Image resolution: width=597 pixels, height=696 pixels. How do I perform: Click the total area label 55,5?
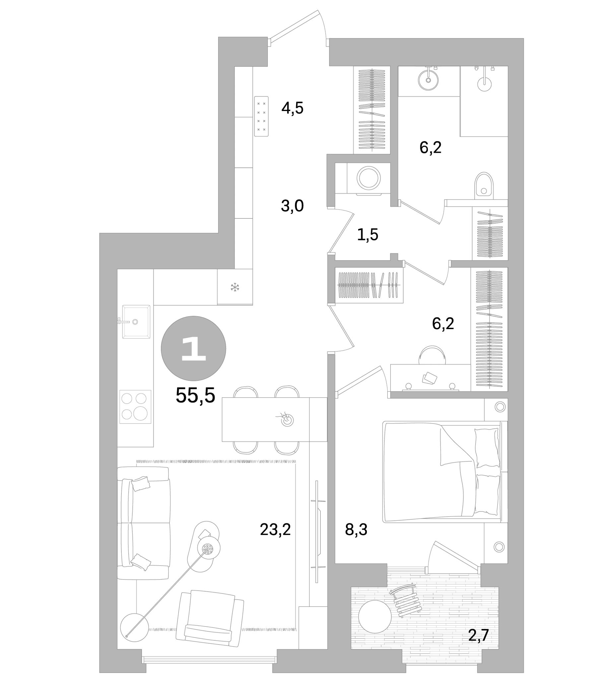tap(195, 395)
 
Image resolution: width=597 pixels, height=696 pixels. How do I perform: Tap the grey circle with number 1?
tap(193, 349)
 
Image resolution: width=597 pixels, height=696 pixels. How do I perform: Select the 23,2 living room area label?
tap(275, 530)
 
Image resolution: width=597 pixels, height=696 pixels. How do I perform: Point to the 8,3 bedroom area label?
tap(356, 530)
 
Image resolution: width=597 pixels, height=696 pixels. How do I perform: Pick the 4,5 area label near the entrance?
tap(293, 108)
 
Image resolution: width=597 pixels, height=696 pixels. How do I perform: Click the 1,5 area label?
tap(367, 234)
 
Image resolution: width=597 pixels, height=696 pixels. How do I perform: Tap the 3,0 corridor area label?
tap(292, 206)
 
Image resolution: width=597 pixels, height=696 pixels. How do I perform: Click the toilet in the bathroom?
tap(484, 186)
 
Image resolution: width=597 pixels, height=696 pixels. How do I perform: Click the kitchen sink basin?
tap(136, 321)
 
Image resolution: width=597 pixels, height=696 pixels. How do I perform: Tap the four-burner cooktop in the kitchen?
tap(135, 406)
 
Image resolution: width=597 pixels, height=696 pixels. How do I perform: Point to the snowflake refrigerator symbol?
tap(234, 287)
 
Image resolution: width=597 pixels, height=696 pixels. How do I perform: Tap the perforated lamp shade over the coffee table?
tap(208, 549)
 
